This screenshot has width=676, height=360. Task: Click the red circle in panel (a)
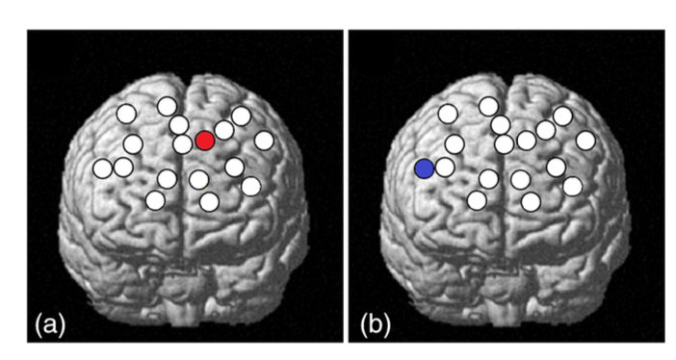(x=205, y=141)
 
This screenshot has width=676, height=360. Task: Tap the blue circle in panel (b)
(x=425, y=168)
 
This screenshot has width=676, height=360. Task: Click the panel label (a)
(x=50, y=324)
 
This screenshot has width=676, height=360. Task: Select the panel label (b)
(x=376, y=324)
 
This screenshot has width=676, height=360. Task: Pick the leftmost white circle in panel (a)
(x=103, y=168)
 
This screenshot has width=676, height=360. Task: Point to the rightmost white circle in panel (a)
(x=264, y=141)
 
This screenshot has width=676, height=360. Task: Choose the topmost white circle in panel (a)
(x=168, y=107)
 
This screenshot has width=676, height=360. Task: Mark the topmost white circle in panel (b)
(x=488, y=107)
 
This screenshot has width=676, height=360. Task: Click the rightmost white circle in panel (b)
(x=585, y=141)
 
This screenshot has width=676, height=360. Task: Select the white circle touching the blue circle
(x=445, y=167)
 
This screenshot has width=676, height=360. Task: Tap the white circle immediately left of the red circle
(x=183, y=144)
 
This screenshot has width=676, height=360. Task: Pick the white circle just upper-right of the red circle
(x=224, y=130)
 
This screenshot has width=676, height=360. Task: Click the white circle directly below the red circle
(x=199, y=179)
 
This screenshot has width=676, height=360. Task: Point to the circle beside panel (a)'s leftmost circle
(x=123, y=167)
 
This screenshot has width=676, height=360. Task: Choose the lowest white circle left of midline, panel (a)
(x=155, y=200)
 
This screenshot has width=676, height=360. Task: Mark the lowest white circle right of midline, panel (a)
(x=210, y=202)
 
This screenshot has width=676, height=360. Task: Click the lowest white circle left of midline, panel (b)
(x=477, y=200)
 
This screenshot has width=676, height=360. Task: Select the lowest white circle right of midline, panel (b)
(x=531, y=202)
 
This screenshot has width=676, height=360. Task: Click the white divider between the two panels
(x=346, y=186)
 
